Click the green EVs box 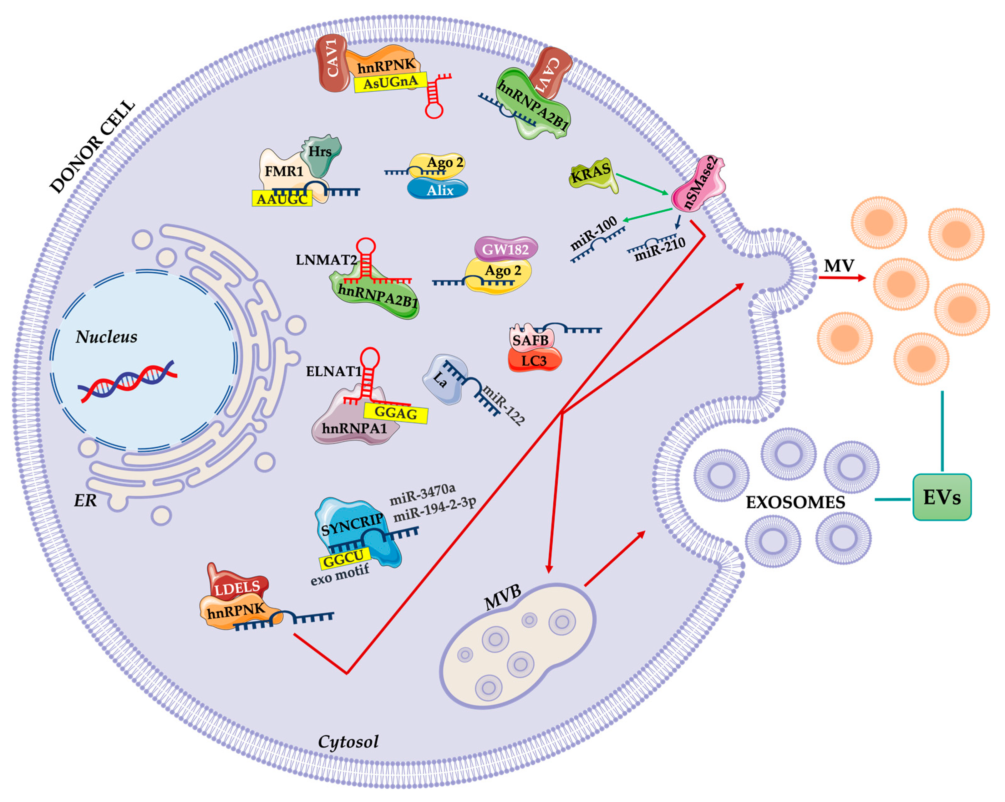(x=941, y=497)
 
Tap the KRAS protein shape (x=592, y=175)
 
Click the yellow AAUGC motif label (x=282, y=199)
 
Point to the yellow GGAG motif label (x=396, y=413)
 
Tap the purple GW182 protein (x=506, y=249)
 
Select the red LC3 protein (x=534, y=361)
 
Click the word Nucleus (x=106, y=337)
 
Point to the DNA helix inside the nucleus (x=127, y=381)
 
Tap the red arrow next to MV (x=841, y=278)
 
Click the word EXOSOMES (x=795, y=502)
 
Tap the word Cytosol (x=348, y=741)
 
